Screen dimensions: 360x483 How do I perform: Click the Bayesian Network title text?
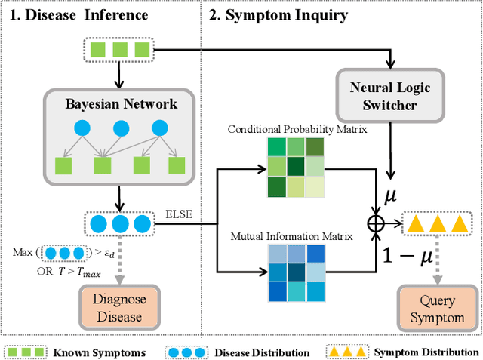[x=121, y=104]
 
